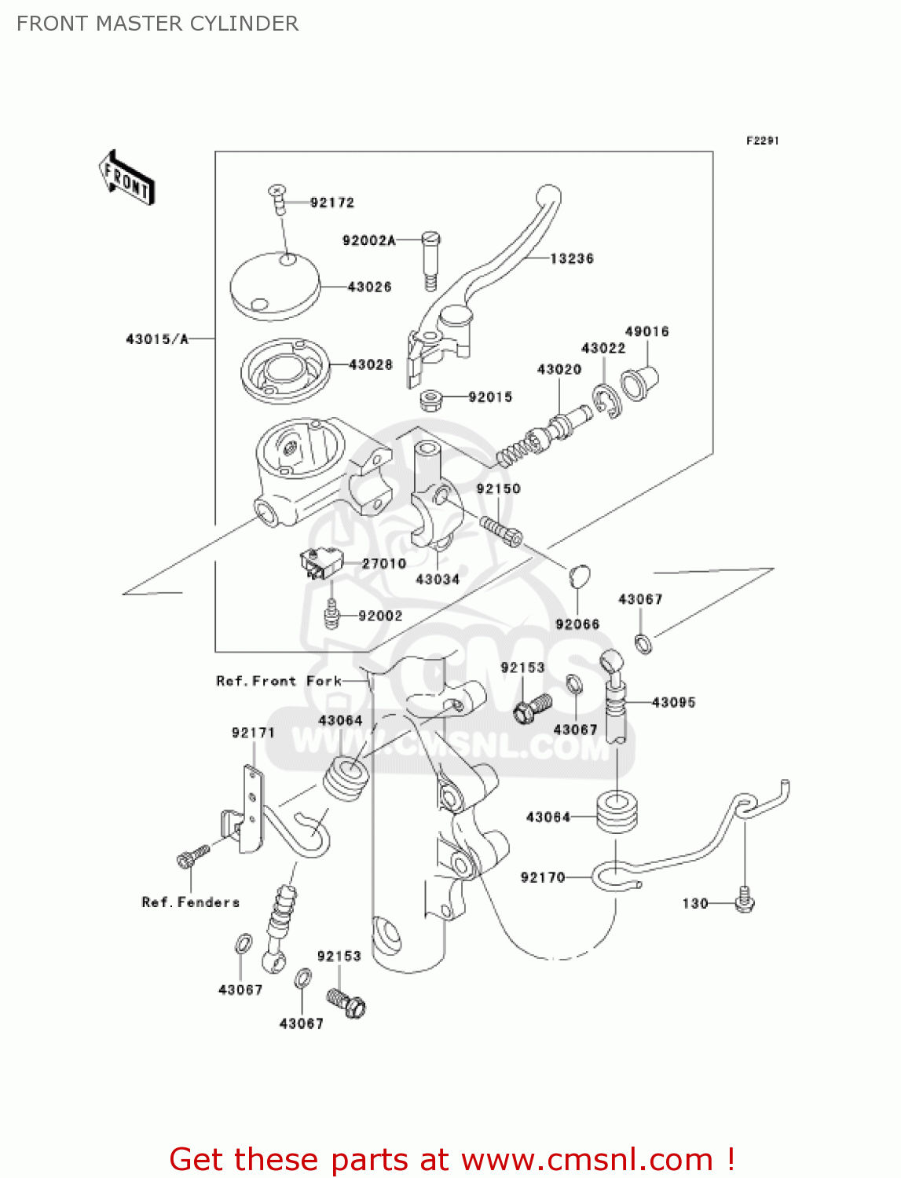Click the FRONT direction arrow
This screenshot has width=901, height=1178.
(126, 178)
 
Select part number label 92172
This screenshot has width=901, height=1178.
(331, 203)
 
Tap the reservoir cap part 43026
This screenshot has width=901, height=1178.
(275, 286)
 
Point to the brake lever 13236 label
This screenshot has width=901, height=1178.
(571, 258)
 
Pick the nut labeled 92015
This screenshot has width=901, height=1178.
(429, 400)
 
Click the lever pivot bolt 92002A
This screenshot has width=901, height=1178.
(431, 258)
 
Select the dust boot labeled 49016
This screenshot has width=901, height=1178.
(639, 382)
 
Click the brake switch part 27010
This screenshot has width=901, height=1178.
(320, 562)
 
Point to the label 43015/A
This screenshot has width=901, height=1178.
(157, 339)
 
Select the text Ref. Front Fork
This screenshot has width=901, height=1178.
(279, 681)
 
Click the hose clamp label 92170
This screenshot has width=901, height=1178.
(543, 877)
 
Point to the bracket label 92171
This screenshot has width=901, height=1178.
(253, 733)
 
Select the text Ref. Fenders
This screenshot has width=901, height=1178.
(190, 902)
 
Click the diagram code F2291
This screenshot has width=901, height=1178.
(762, 141)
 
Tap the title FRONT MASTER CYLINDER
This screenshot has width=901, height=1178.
(157, 24)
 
